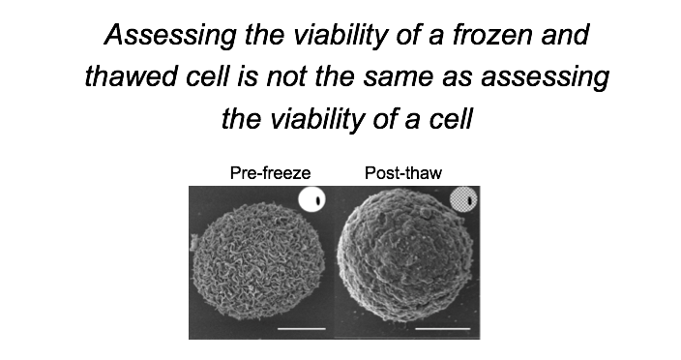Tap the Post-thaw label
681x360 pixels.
click(402, 174)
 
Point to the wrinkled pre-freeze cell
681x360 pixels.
click(259, 260)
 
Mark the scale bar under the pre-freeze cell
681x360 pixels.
click(303, 329)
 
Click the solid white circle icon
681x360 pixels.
click(311, 200)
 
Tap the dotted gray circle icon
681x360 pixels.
click(464, 200)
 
